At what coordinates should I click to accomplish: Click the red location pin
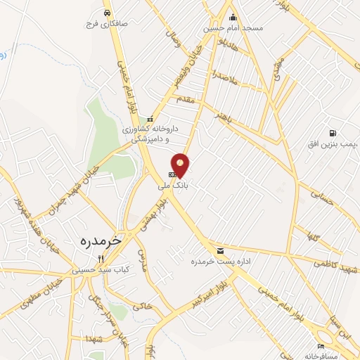(x=181, y=165)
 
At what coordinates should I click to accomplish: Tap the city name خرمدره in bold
(x=98, y=239)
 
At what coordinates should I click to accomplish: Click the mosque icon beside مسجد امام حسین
(x=233, y=18)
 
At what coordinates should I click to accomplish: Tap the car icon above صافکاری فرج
(x=107, y=13)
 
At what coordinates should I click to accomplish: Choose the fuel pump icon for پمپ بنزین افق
(x=332, y=133)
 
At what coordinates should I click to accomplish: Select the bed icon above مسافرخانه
(x=321, y=346)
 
